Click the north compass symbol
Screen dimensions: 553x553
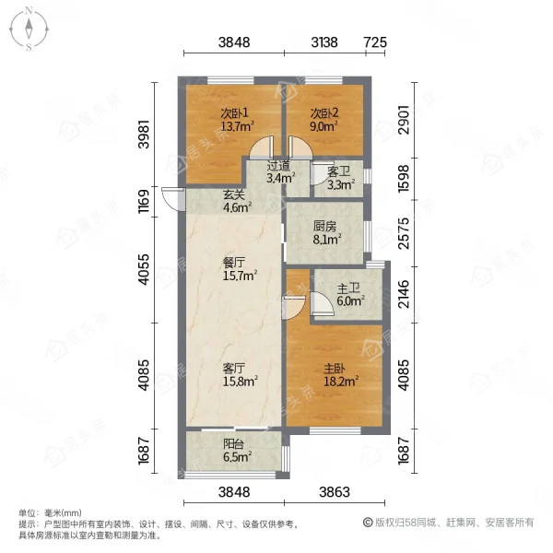[x=29, y=29]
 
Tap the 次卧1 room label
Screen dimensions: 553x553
[x=234, y=113]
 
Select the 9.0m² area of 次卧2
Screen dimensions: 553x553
[x=324, y=126]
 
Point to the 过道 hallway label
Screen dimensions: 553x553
[x=278, y=165]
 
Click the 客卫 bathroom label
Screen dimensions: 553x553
[x=338, y=171]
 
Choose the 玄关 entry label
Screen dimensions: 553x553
[x=234, y=194]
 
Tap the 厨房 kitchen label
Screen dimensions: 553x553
[x=324, y=227]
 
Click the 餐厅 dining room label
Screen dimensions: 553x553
[x=234, y=263]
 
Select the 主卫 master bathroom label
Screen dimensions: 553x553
[x=348, y=288]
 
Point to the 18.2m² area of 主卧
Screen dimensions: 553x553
[x=341, y=382]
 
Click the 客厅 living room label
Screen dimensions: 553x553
[x=234, y=369]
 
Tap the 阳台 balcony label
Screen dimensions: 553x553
[x=233, y=444]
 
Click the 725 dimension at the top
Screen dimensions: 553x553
[x=374, y=42]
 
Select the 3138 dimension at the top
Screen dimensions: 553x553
[x=324, y=42]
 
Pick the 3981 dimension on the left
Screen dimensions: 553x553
[x=144, y=135]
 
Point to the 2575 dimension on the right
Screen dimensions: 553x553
[x=404, y=233]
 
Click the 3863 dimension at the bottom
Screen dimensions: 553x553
[x=335, y=491]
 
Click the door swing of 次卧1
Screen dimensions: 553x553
[x=262, y=147]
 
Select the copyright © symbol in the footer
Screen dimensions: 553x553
[x=368, y=523]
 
